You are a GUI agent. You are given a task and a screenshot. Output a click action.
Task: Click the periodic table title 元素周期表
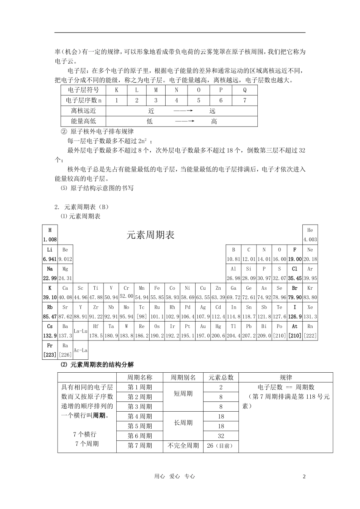pyautogui.click(x=150, y=235)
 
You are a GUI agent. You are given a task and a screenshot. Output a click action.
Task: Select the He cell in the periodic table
pyautogui.click(x=310, y=234)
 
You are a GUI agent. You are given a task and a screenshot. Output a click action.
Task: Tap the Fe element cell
pyautogui.click(x=157, y=292)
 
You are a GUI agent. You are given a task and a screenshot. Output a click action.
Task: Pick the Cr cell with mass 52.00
pyautogui.click(x=126, y=292)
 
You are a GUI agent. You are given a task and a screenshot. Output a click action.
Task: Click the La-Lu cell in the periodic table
pyautogui.click(x=80, y=331)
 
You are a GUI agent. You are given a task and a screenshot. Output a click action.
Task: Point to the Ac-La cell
pyautogui.click(x=80, y=350)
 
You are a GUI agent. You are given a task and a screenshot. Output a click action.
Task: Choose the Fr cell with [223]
pyautogui.click(x=50, y=350)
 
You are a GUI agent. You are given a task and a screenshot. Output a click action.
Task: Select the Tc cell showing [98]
pyautogui.click(x=141, y=311)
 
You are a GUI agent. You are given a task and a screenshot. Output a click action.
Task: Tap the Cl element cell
pyautogui.click(x=294, y=273)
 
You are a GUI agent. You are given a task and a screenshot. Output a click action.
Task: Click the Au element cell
pyautogui.click(x=203, y=331)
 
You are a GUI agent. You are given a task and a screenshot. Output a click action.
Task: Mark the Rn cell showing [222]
pyautogui.click(x=310, y=331)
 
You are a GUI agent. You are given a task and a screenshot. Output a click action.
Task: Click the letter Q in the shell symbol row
pyautogui.click(x=245, y=90)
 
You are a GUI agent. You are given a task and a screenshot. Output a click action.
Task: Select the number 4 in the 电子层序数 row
pyautogui.click(x=176, y=100)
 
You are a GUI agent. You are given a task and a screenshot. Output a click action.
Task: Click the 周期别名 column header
pyautogui.click(x=183, y=377)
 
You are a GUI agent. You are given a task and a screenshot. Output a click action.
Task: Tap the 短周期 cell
pyautogui.click(x=183, y=394)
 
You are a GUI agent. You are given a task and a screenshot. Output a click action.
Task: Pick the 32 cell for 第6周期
pyautogui.click(x=221, y=436)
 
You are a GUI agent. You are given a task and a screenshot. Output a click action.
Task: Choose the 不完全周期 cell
pyautogui.click(x=183, y=445)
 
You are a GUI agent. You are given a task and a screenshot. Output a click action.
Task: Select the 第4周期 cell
pyautogui.click(x=140, y=416)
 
